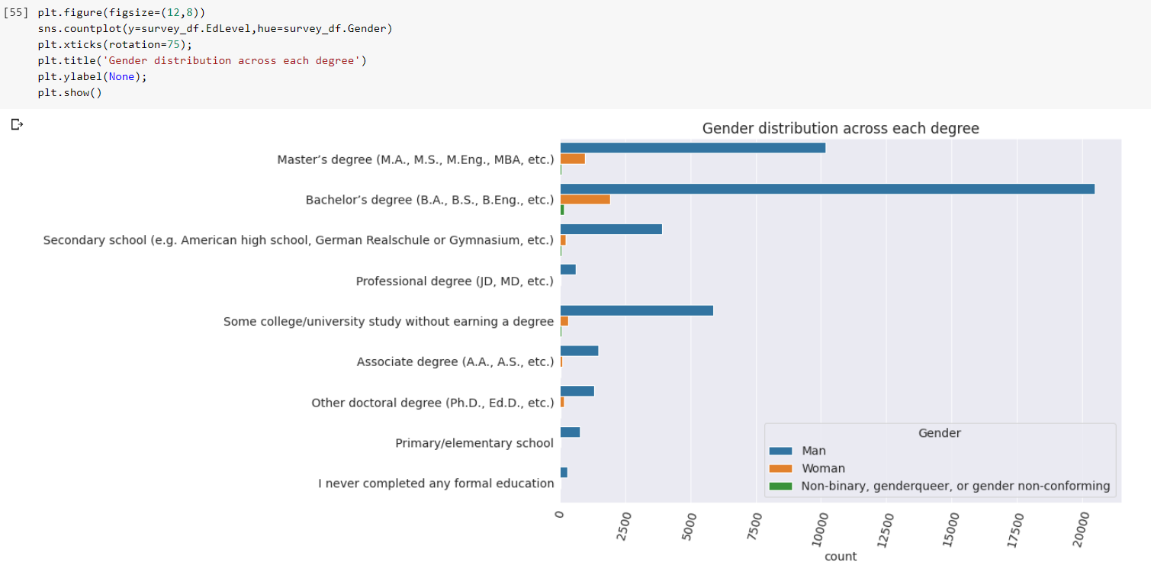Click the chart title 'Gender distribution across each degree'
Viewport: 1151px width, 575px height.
point(840,129)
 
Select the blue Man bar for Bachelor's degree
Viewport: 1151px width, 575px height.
point(827,189)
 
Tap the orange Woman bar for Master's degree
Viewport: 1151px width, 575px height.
point(572,159)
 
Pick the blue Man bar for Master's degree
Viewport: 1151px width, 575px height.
point(693,148)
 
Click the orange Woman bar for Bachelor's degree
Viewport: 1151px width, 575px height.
point(585,199)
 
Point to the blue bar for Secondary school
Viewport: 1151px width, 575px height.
point(611,230)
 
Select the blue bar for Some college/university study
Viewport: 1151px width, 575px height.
point(636,310)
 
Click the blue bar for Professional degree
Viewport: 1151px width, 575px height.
point(567,270)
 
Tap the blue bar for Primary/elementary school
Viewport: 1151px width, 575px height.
point(570,432)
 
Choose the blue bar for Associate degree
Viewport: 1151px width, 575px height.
point(579,351)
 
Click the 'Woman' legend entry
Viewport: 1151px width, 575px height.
point(823,468)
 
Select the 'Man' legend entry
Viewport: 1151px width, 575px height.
point(813,451)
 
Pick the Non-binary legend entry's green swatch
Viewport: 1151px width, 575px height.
point(781,486)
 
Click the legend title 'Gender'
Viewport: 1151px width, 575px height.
point(939,433)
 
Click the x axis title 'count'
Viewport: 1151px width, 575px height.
point(840,557)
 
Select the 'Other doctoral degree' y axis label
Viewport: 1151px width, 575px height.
point(432,403)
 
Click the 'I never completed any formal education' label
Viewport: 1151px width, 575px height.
point(436,483)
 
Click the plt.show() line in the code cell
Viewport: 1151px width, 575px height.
point(69,93)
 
